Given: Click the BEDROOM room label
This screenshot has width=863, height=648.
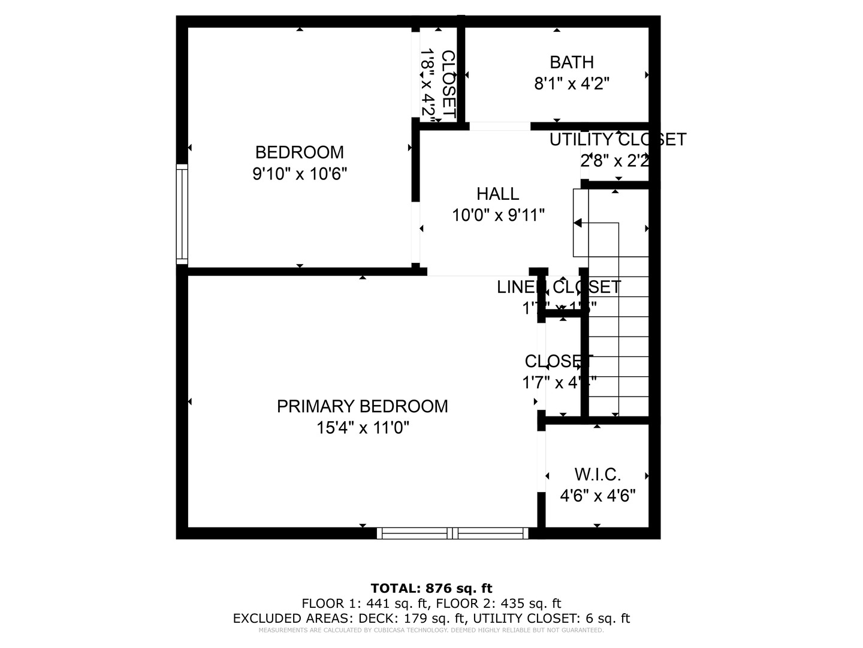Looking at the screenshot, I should point(299,152).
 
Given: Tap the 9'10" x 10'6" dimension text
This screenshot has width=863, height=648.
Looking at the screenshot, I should point(300,174).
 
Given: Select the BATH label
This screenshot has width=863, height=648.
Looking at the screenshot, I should point(572,62).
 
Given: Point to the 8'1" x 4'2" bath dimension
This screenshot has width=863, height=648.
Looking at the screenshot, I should point(572,84).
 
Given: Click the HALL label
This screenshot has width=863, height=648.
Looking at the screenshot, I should point(497,194).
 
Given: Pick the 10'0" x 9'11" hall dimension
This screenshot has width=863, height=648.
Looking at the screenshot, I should point(498,215).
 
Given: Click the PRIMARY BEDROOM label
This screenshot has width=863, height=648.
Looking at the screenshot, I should point(362,406).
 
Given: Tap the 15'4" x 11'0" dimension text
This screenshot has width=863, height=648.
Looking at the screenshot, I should point(363,428).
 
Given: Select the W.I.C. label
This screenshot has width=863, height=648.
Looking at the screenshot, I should point(598,475).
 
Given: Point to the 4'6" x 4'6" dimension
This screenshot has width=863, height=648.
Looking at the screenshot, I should point(598,496).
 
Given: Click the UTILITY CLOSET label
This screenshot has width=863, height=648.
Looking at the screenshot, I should point(617,140).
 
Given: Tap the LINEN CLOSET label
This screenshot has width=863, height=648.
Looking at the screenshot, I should point(559,287).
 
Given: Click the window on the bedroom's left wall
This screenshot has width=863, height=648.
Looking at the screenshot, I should point(182,214).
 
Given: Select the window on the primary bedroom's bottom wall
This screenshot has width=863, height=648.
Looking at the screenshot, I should point(452,533).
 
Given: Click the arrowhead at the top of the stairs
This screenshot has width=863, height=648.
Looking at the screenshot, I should point(578,223).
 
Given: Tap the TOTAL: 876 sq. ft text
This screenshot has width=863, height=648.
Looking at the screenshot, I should point(431,588).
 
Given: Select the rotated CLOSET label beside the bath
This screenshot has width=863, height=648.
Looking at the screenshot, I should point(448,84).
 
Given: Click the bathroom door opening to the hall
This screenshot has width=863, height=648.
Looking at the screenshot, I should point(499,126).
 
